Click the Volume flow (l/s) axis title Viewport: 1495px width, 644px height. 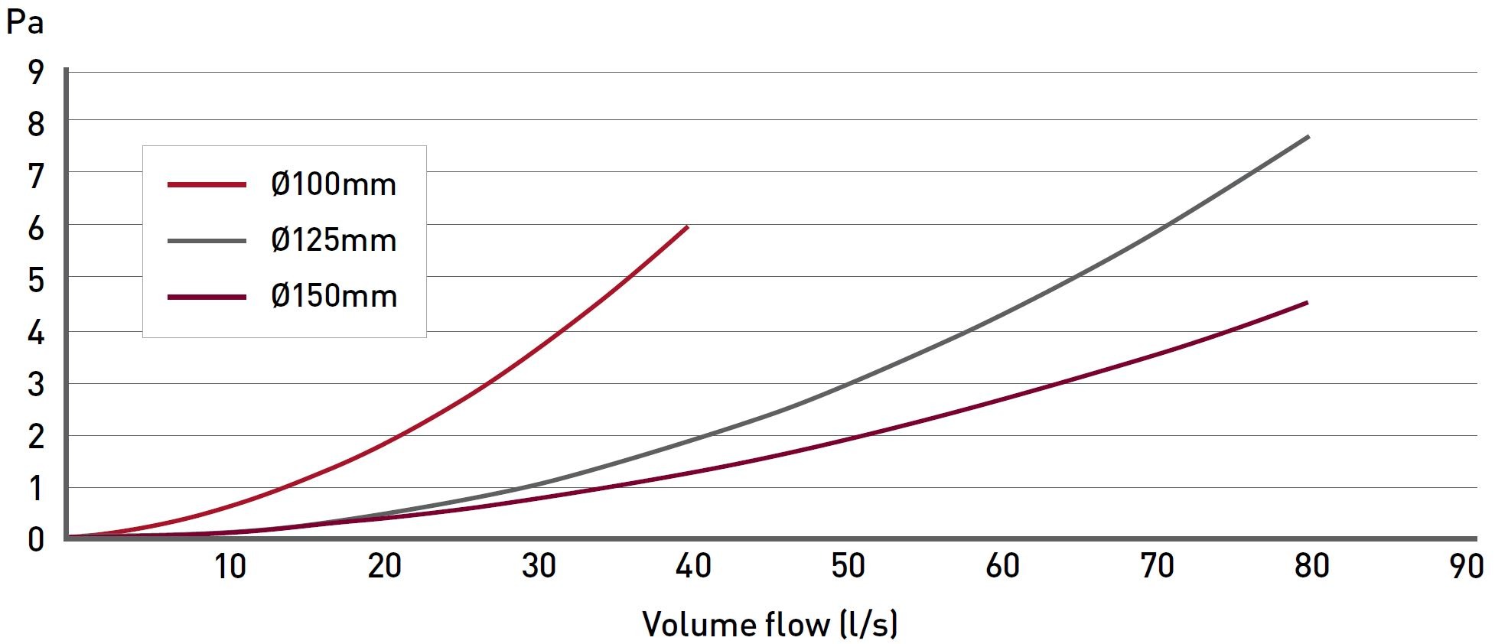point(770,624)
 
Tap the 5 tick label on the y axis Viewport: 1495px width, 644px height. point(36,280)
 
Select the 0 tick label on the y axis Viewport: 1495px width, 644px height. point(36,540)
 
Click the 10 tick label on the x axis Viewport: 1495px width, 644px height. point(230,567)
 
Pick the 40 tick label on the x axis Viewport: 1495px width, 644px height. point(694,567)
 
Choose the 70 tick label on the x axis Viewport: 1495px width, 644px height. point(1157,567)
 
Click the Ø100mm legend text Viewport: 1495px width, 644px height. point(334,184)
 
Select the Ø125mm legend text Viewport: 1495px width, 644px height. point(334,240)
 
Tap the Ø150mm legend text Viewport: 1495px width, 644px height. point(334,296)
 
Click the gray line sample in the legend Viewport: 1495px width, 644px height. point(207,241)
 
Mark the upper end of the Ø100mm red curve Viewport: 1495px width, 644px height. point(687,226)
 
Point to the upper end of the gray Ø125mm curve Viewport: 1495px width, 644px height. point(1308,137)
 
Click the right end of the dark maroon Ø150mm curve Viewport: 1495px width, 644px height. point(1307,303)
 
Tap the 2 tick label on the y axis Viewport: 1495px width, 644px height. point(36,437)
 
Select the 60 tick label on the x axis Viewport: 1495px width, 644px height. point(1002,567)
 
